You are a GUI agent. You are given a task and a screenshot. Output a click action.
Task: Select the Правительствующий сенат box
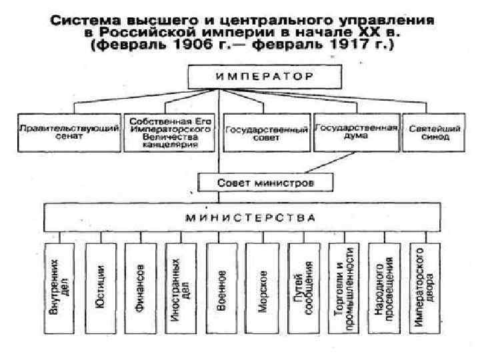click(69, 132)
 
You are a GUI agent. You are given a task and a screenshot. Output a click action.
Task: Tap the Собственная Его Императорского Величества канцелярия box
click(170, 132)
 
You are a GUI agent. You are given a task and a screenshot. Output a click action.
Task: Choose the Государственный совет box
click(267, 132)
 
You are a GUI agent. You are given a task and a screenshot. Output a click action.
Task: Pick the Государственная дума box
click(355, 131)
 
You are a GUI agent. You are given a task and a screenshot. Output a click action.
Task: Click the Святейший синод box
click(429, 132)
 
